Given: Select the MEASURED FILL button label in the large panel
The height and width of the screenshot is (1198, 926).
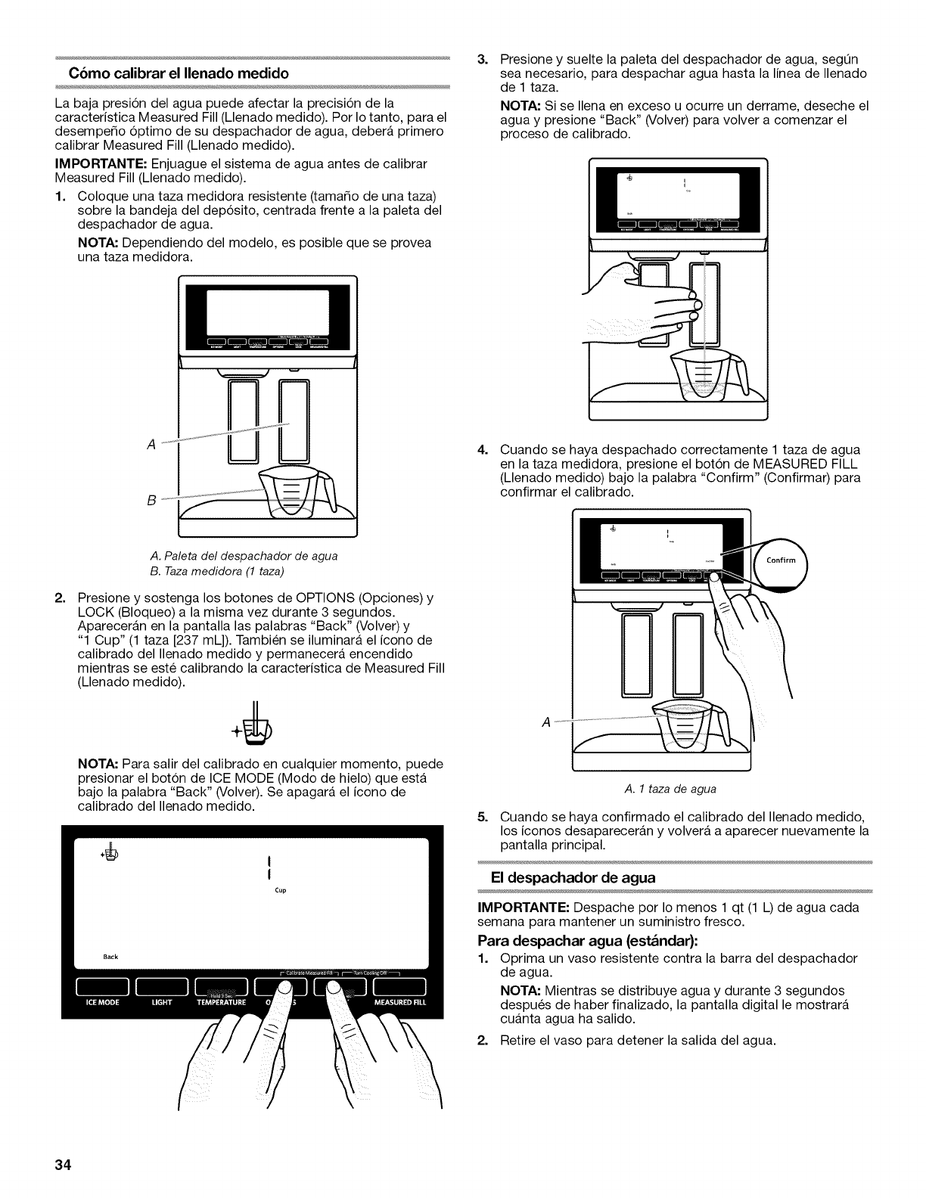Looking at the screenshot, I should tap(400, 1002).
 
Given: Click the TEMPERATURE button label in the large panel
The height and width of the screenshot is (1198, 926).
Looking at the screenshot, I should tap(222, 1002).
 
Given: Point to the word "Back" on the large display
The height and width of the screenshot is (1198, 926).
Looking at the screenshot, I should tap(110, 957).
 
